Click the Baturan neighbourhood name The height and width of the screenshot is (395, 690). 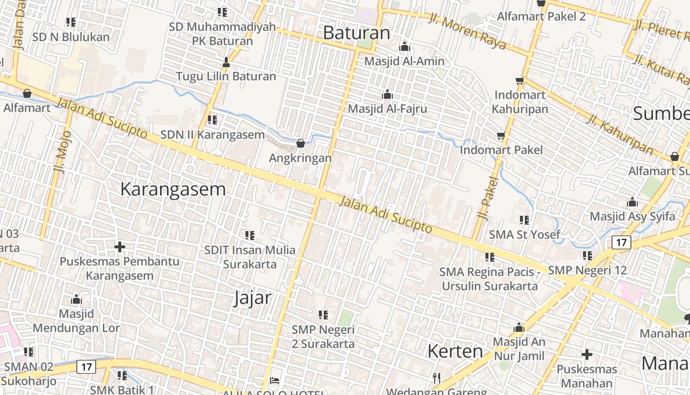pos(356,33)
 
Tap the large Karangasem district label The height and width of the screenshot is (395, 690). pos(173,189)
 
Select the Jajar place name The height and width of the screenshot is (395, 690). pos(252,298)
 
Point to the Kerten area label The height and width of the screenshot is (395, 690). pos(455,351)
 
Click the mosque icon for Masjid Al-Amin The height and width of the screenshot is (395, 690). pos(405,47)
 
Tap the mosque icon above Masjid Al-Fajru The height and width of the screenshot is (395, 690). pos(387,94)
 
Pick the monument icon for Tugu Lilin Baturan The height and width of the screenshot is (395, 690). pos(226,62)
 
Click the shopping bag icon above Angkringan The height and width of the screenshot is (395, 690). pos(301,144)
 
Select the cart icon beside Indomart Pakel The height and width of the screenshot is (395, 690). pos(501,135)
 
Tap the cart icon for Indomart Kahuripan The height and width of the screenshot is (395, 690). pos(519,80)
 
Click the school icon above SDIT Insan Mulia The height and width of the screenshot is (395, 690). pos(250,236)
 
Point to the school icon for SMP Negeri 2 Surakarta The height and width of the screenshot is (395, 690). pos(323,315)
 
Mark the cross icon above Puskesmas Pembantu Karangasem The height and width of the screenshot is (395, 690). pos(119,246)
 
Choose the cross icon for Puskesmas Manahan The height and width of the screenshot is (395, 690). pos(586,354)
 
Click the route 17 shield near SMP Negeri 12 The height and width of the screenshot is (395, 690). pos(621,242)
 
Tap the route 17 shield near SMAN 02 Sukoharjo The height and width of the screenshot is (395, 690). pos(86,367)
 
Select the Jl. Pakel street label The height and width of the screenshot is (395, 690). pos(485,198)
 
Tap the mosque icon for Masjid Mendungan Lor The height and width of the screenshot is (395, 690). pos(76,299)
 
